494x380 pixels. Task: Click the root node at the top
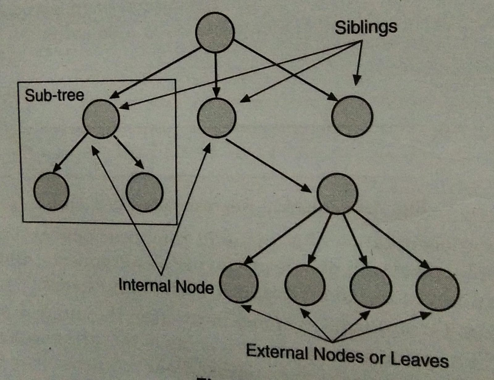(215, 32)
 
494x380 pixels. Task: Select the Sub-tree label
(54, 95)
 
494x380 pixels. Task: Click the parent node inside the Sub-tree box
(101, 119)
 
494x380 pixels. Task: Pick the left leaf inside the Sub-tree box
(51, 191)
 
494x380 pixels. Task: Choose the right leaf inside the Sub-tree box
(144, 192)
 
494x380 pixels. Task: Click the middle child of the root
(217, 118)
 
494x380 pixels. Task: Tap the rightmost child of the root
(352, 116)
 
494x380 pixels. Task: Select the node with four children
(337, 194)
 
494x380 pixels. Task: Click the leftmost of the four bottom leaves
(239, 283)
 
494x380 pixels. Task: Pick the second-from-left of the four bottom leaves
(305, 285)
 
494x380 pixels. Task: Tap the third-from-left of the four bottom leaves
(371, 287)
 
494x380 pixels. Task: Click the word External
(277, 352)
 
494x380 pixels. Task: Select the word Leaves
(419, 359)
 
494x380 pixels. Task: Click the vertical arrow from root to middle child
(216, 74)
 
